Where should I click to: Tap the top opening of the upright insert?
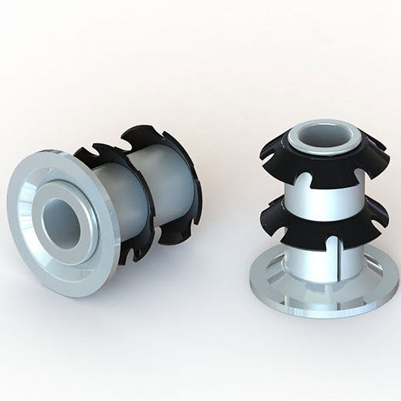coord(323,137)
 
